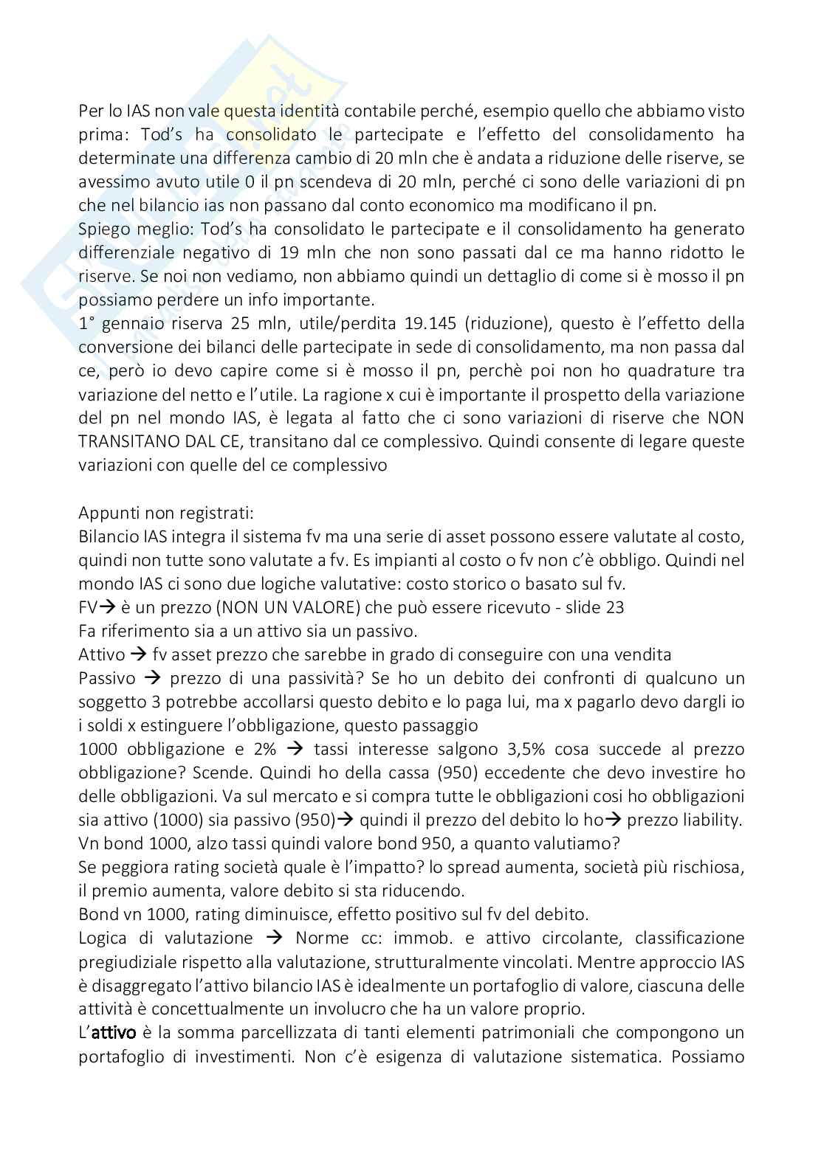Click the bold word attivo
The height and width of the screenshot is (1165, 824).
[112, 1033]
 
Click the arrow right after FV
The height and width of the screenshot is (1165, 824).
[106, 607]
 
